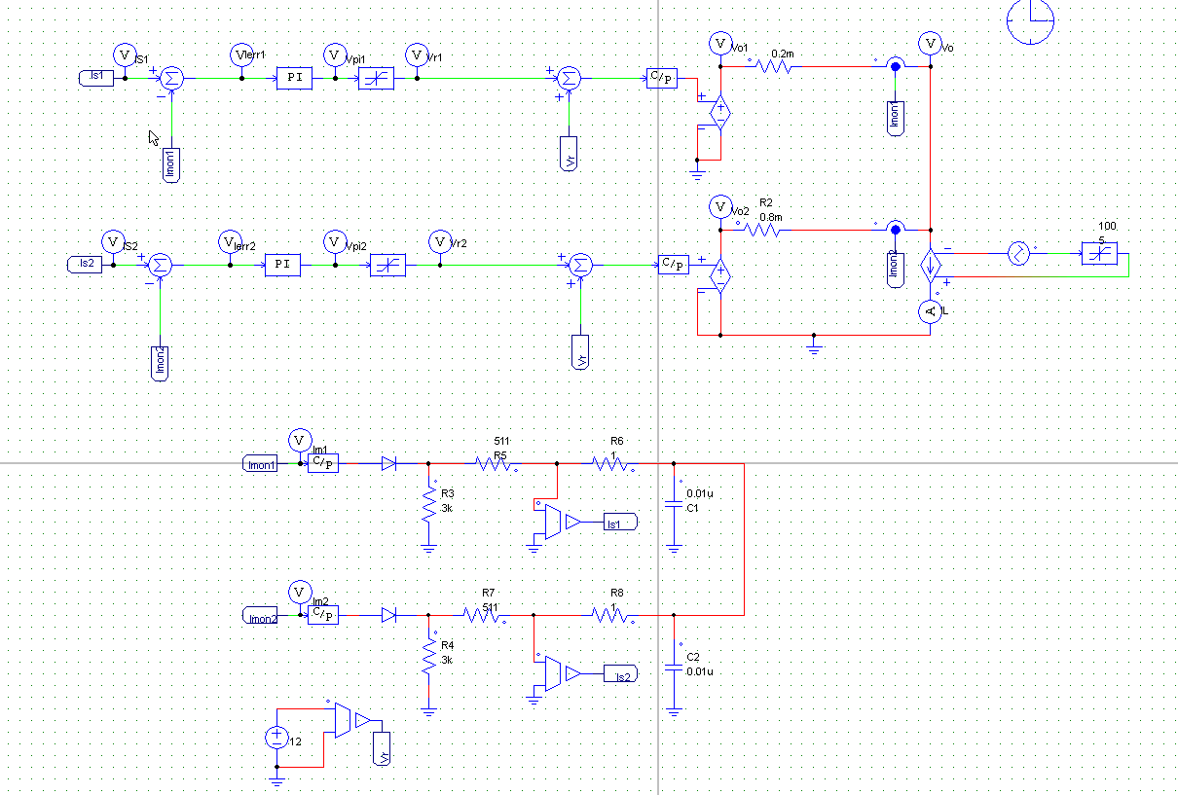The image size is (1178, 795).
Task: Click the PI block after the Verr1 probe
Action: coord(295,79)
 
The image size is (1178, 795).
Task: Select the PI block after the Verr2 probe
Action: coord(283,265)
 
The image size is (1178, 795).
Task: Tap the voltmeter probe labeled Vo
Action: coord(930,43)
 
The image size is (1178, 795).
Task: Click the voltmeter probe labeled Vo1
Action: coord(719,43)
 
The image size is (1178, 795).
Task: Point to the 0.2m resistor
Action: coord(774,67)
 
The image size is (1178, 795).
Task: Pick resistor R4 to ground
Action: coord(428,659)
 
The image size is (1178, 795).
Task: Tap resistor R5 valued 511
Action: coord(495,464)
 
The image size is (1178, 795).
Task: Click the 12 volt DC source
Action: coord(277,739)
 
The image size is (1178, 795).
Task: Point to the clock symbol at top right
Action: coord(1032,21)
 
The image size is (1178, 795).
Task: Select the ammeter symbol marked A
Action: coord(930,311)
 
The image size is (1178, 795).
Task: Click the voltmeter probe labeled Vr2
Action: coord(441,240)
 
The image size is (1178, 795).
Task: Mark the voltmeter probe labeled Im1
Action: coord(301,440)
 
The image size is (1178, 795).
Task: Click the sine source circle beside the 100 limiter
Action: coord(1018,254)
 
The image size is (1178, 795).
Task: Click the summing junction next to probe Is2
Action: coord(162,265)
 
